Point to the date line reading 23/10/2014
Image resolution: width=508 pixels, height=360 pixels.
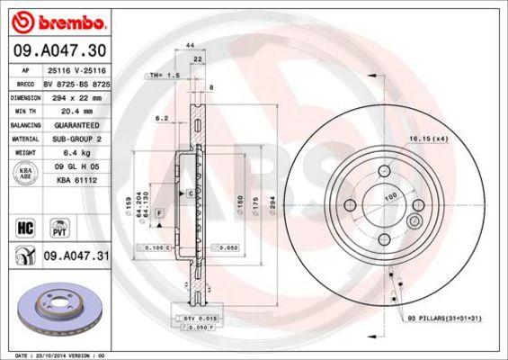[58, 355]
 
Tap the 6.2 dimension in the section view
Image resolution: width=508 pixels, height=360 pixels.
[162, 118]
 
